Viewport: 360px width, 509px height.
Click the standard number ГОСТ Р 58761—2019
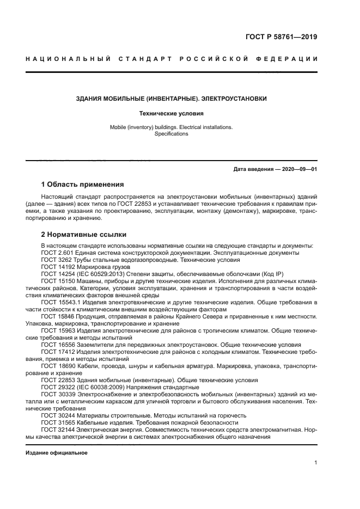281,38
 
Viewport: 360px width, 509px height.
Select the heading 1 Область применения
82,184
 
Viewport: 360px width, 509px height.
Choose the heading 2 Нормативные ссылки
84,235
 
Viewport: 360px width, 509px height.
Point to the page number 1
315,463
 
